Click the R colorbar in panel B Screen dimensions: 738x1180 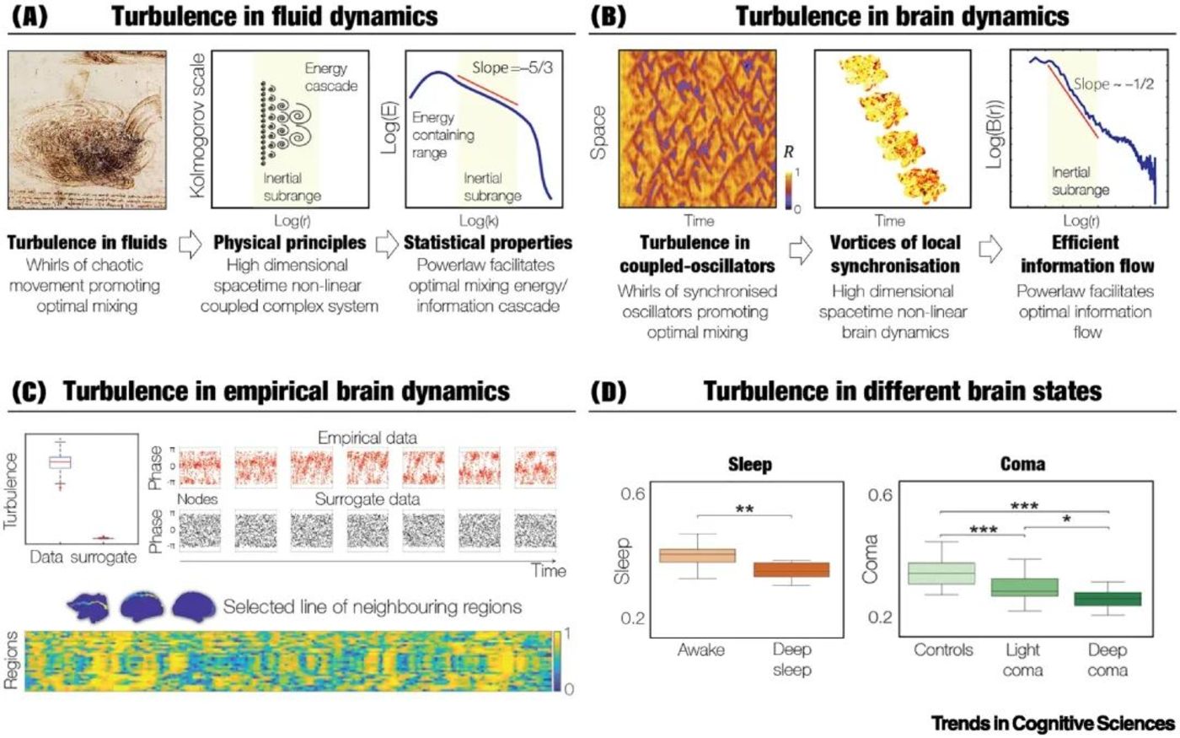point(789,189)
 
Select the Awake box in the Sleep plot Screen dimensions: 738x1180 point(697,555)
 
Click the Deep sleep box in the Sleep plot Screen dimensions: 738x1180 point(791,569)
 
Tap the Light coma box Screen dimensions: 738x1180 point(1023,587)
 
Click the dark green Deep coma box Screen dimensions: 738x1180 point(1107,599)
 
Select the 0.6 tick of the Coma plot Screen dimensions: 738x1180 point(880,494)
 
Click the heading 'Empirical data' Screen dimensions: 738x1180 point(367,438)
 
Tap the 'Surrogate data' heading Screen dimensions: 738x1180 point(367,499)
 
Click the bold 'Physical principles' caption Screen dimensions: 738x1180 point(289,243)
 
